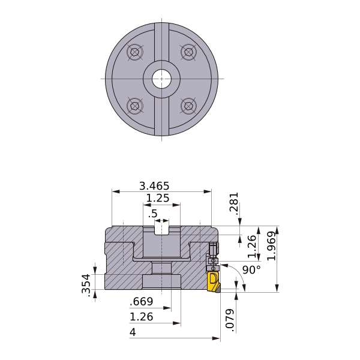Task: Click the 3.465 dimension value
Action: tap(154, 186)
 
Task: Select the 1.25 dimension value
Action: tap(158, 198)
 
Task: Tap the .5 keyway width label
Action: tap(153, 214)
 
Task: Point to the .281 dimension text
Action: tap(234, 203)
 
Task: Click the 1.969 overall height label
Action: tap(271, 246)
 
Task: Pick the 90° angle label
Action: tap(251, 270)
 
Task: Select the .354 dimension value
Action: tap(86, 284)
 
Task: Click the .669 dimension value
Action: tap(141, 301)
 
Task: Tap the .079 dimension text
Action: tap(230, 320)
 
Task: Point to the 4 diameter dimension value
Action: tap(133, 332)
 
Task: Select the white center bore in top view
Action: tap(161, 79)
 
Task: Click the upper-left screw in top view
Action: tap(135, 52)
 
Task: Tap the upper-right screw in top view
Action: tap(188, 52)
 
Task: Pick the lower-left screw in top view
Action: tap(135, 106)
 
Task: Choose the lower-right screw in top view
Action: tap(188, 106)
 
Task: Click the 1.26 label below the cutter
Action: tap(141, 317)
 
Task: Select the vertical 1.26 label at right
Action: tap(252, 246)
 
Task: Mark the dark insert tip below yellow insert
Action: tap(218, 290)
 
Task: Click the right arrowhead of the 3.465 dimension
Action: tap(208, 191)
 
